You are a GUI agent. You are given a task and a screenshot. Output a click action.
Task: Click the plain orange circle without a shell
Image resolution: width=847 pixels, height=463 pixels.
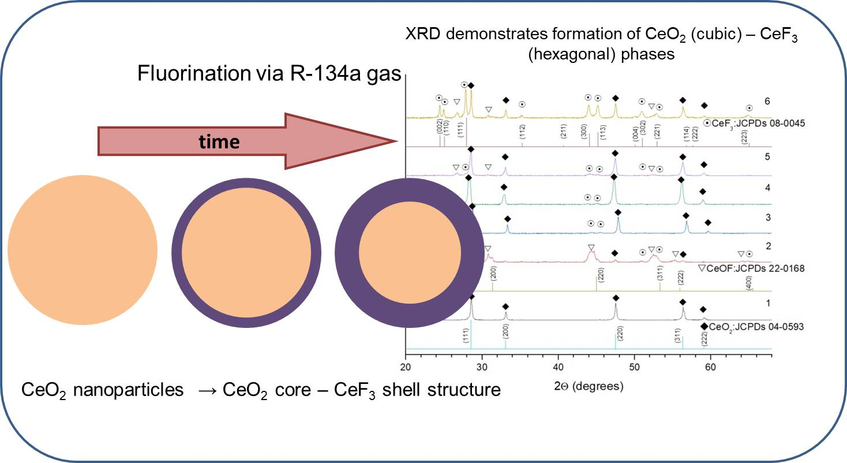tap(83, 250)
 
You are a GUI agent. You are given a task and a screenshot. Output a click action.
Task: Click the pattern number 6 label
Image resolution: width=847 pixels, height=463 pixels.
tap(767, 101)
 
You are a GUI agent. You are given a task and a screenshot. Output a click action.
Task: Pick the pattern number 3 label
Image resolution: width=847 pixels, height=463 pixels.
tap(767, 218)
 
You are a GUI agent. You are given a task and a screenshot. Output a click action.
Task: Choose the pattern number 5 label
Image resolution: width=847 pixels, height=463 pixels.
tap(767, 156)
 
